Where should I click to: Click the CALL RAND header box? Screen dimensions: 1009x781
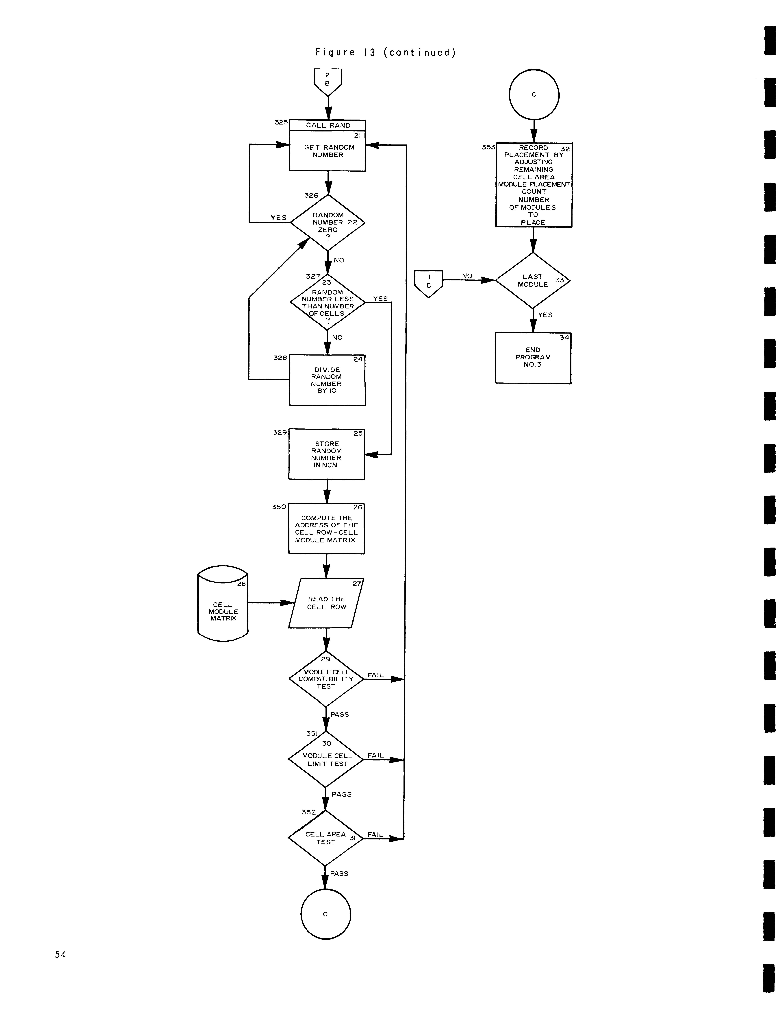tap(328, 125)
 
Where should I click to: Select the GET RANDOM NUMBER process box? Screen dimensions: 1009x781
tap(328, 151)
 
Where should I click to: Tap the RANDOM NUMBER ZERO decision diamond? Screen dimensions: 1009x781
tap(328, 223)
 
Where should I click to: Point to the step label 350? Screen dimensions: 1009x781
tap(279, 507)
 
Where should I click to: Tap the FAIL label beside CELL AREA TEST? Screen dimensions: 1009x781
tap(375, 834)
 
